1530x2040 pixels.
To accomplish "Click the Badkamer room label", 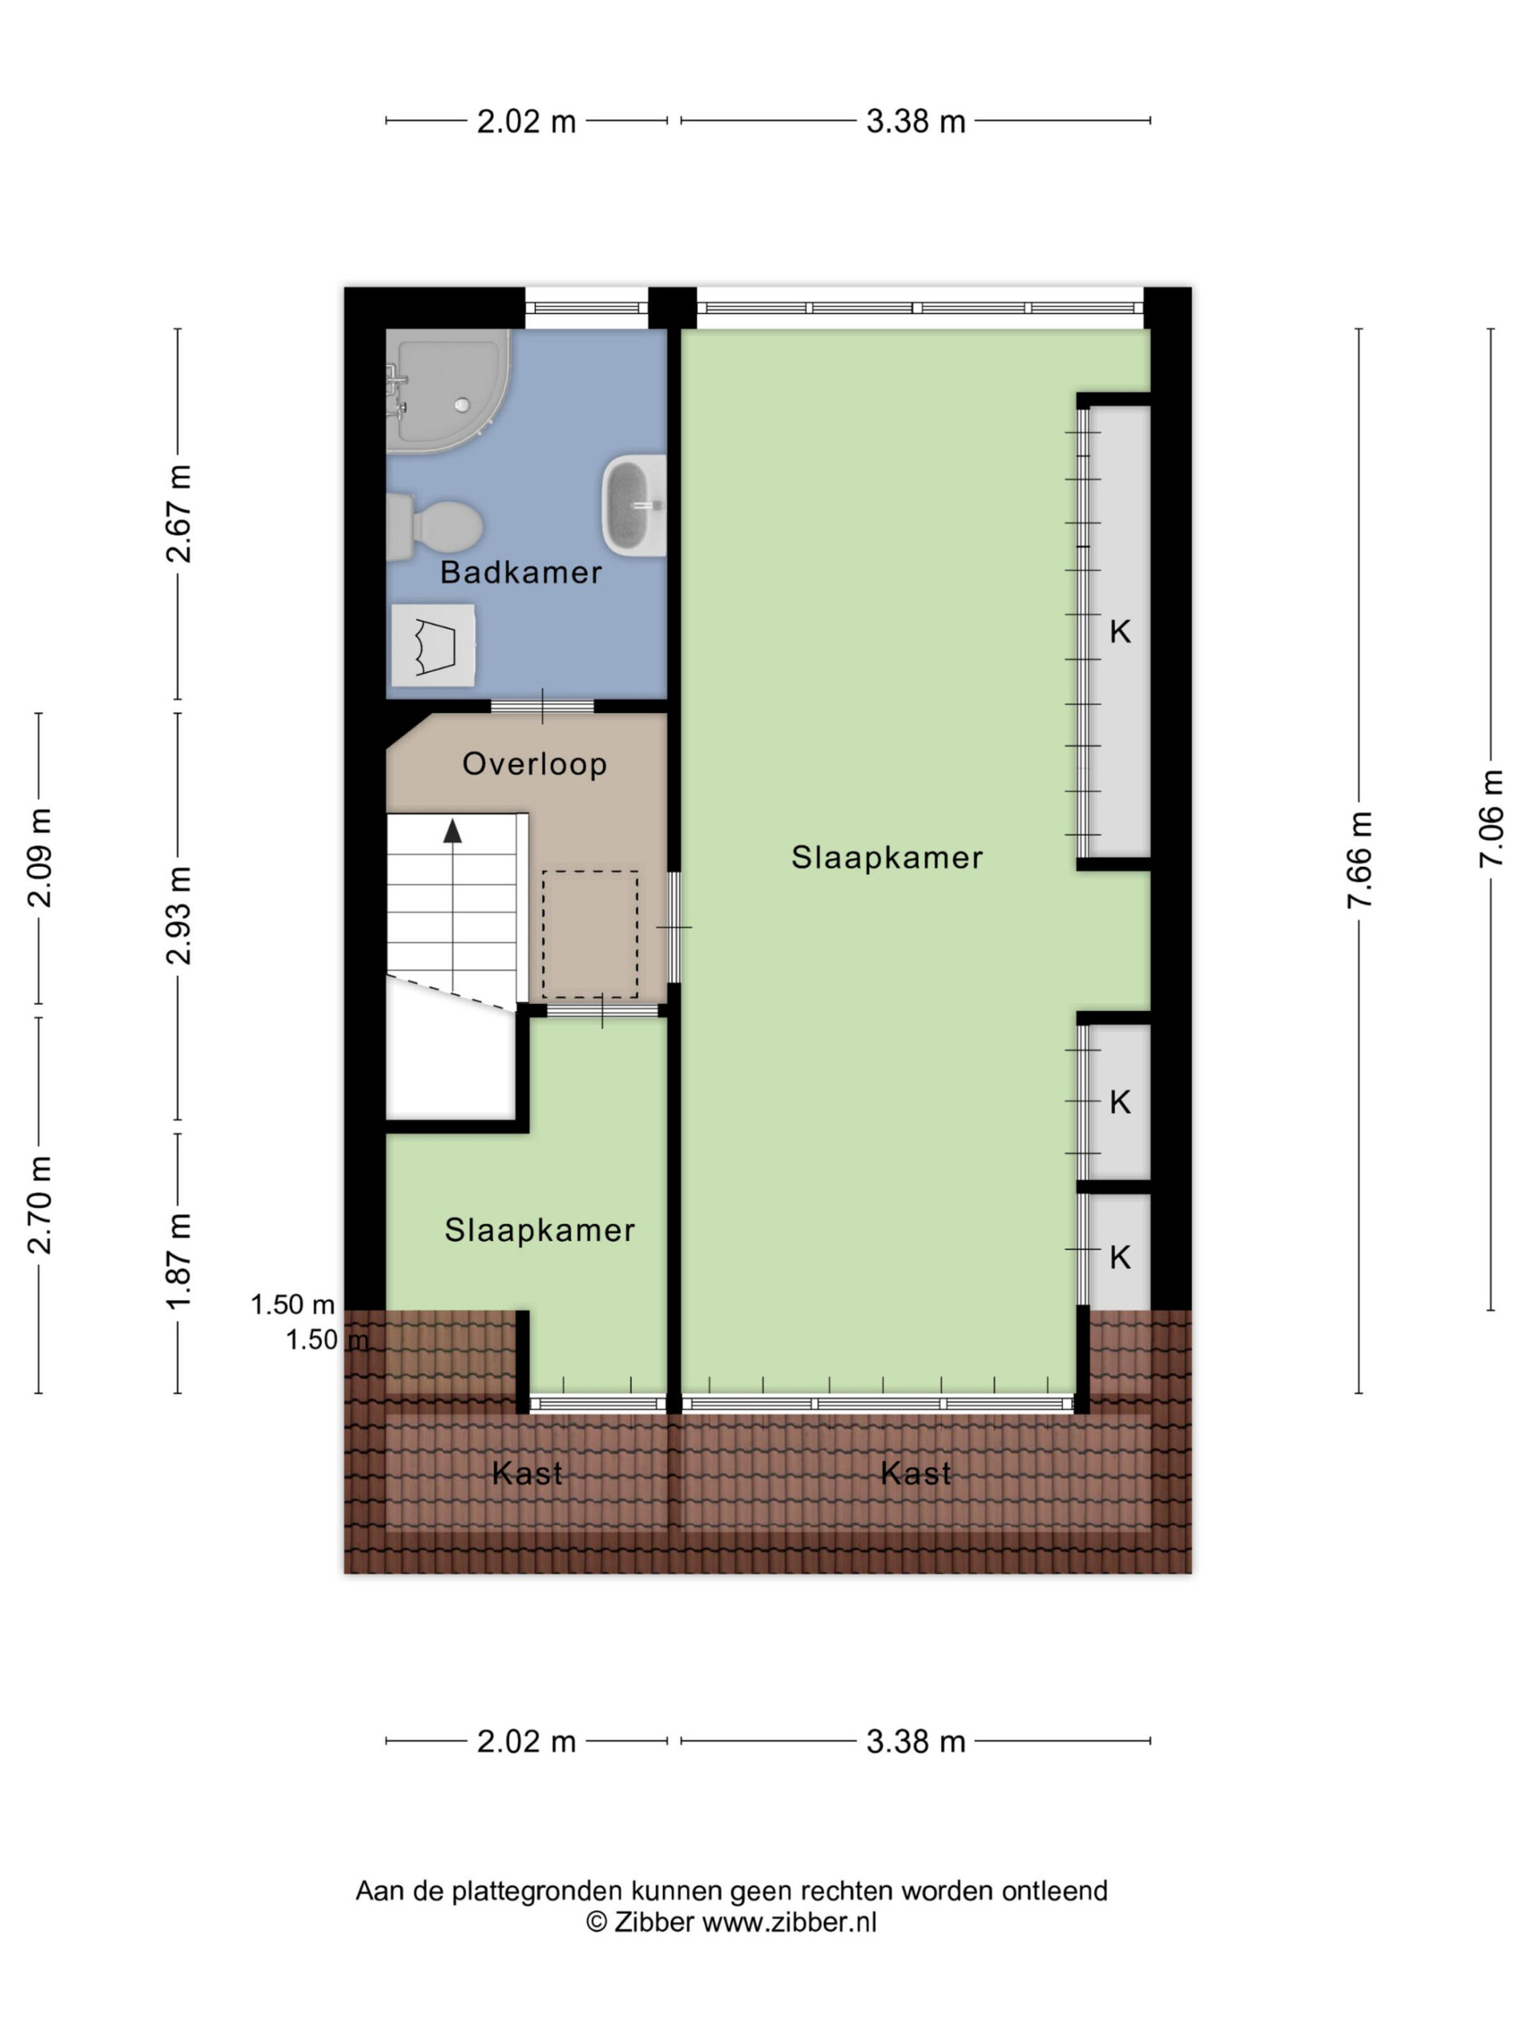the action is [x=520, y=573].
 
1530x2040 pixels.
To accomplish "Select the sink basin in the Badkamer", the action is [x=634, y=505].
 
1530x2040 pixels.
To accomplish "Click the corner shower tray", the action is [x=447, y=391].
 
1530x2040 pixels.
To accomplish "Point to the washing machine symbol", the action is [x=433, y=645].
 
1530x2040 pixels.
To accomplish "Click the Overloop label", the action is [x=534, y=763].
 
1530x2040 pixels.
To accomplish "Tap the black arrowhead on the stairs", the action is [x=452, y=831].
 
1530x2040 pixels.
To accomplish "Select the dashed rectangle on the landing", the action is [x=590, y=933].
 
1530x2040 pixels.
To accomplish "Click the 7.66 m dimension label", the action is [x=1359, y=860].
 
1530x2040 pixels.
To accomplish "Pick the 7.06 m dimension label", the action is [x=1490, y=818].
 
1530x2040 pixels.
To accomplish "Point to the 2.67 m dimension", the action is [x=178, y=514].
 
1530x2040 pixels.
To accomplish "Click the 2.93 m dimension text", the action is [x=178, y=916].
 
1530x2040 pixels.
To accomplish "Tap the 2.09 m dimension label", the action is [x=39, y=857].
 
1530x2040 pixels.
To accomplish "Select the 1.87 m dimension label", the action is [x=178, y=1261].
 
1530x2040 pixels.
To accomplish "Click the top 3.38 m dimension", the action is [x=915, y=121].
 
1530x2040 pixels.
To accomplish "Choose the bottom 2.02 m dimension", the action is [x=526, y=1741].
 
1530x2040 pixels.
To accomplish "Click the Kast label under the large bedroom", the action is [x=915, y=1473].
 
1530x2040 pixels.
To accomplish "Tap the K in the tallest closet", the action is [x=1120, y=632].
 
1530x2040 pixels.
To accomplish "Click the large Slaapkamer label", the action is [x=887, y=857].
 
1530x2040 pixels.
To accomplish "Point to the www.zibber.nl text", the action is [x=790, y=1922].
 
